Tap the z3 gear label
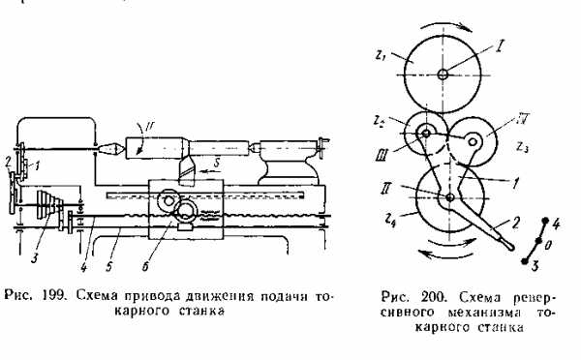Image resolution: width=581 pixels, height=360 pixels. point(523,147)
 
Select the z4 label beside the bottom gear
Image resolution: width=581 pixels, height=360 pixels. point(389,223)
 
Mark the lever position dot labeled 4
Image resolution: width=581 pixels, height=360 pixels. point(545,221)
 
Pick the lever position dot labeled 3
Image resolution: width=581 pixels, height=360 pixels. point(524,261)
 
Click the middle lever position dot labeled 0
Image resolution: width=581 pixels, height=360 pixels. point(538,241)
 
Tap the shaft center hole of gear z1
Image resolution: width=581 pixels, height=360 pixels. point(443,75)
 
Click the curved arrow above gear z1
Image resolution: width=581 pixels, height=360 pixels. point(443,23)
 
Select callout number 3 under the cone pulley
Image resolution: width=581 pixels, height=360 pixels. point(35,257)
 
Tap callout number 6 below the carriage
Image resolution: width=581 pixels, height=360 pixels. point(145,266)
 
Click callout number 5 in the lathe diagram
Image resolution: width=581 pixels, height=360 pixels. point(108,266)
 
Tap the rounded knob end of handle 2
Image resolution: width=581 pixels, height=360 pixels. point(509,246)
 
